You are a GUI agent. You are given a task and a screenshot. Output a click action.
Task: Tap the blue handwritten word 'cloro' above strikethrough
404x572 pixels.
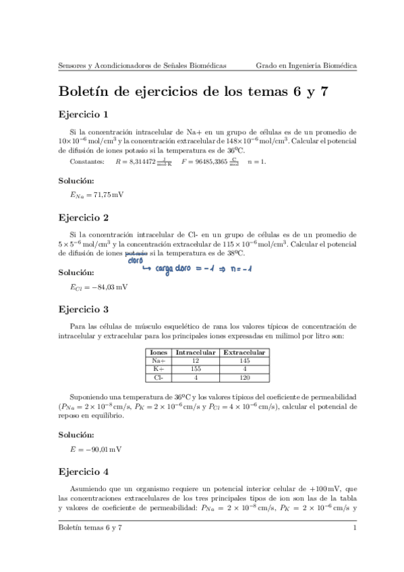(135, 261)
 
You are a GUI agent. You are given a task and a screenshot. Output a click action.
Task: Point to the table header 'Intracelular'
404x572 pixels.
(196, 352)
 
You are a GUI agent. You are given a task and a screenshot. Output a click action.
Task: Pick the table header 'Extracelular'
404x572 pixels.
(244, 352)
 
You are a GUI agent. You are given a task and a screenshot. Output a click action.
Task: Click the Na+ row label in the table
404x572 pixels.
(159, 361)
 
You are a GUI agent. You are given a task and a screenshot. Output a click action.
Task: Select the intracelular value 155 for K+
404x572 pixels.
(196, 369)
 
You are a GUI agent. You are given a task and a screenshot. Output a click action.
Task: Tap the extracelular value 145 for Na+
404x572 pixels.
(244, 361)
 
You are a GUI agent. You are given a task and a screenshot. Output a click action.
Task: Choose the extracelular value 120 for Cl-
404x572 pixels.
(244, 378)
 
